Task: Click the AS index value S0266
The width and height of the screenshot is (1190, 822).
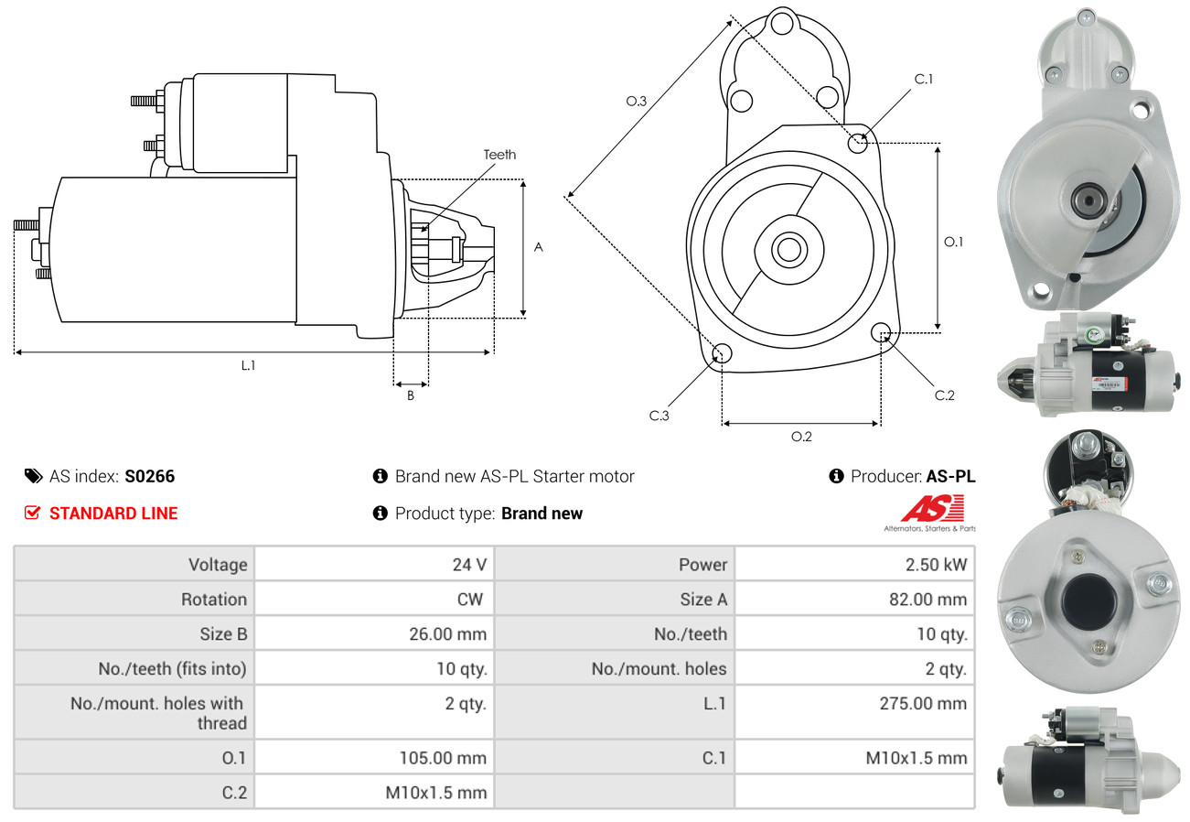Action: tap(149, 476)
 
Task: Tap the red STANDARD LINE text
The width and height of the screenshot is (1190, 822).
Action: tap(113, 514)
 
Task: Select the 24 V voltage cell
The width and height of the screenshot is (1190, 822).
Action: tap(469, 565)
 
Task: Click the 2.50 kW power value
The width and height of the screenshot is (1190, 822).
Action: tap(936, 565)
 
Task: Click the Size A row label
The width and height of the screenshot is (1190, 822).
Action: tap(702, 600)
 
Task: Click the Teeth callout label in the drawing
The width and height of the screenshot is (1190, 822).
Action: tap(499, 155)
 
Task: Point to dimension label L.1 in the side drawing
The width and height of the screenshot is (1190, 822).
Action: tap(248, 365)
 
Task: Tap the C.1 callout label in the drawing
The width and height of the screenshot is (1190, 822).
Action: tap(924, 79)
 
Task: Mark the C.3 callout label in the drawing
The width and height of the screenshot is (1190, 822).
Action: tap(659, 416)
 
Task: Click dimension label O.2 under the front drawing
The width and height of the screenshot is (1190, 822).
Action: tap(801, 437)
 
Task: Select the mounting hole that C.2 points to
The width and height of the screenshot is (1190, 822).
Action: tap(881, 331)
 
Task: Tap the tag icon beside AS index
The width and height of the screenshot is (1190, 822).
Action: tap(33, 476)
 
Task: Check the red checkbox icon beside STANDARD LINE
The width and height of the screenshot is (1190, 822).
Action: tap(33, 514)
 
